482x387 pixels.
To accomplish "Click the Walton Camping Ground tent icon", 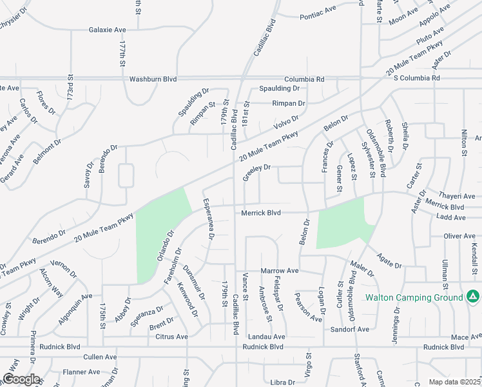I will pyautogui.click(x=473, y=297).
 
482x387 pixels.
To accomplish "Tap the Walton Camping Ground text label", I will pyautogui.click(x=414, y=297).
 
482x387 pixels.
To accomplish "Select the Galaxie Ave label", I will pyautogui.click(x=107, y=30).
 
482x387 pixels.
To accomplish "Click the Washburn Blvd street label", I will pyautogui.click(x=153, y=79).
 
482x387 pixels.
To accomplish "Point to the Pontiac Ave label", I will pyautogui.click(x=318, y=10).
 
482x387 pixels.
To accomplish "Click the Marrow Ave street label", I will pyautogui.click(x=280, y=270).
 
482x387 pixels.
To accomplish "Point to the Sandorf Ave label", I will pyautogui.click(x=349, y=329).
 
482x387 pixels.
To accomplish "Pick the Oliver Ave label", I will pyautogui.click(x=460, y=237).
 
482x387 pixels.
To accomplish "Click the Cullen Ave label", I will pyautogui.click(x=100, y=356).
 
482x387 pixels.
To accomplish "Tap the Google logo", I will pyautogui.click(x=21, y=379).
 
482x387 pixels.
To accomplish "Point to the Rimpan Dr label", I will pyautogui.click(x=288, y=103).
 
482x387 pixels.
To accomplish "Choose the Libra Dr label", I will pyautogui.click(x=282, y=382).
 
